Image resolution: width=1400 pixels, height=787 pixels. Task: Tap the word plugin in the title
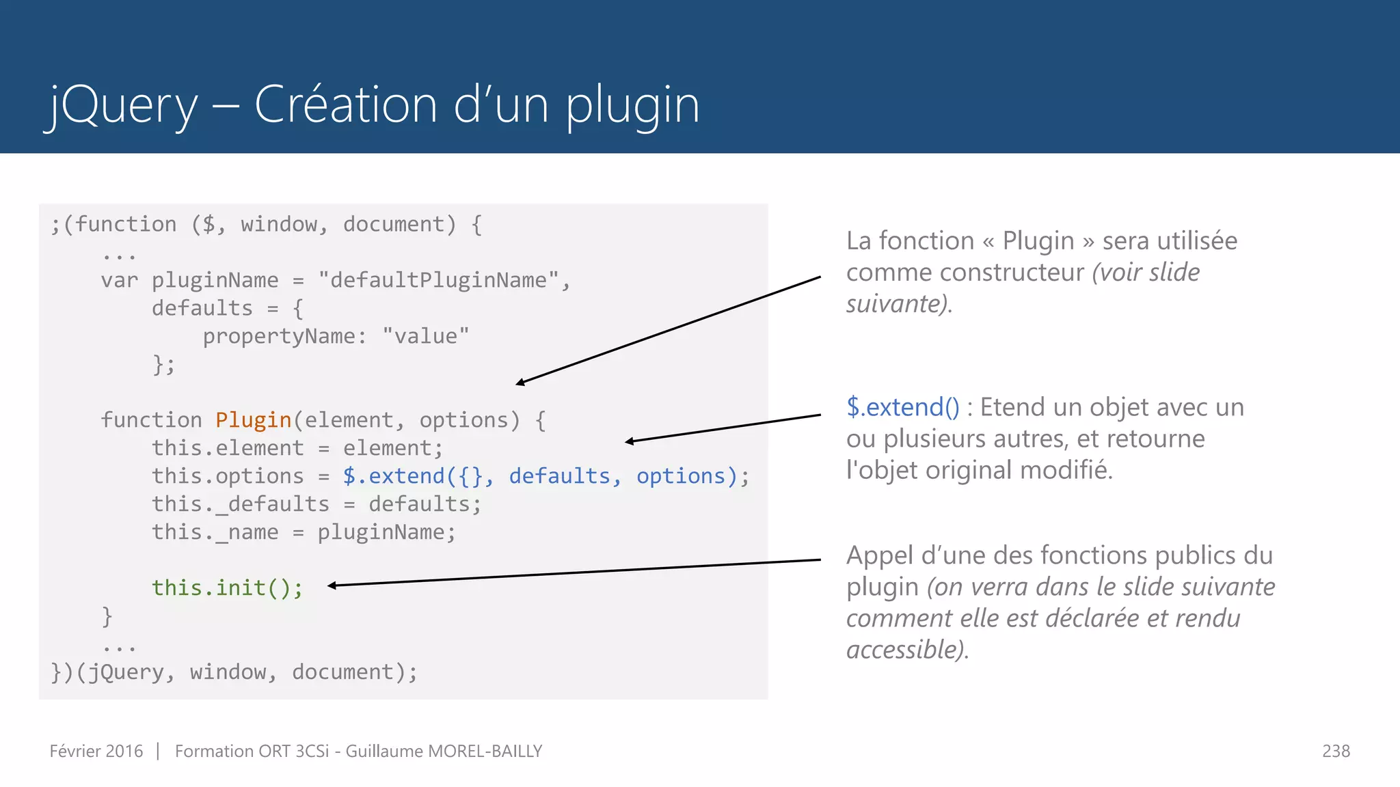[632, 106]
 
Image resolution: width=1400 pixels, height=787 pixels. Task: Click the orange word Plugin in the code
[254, 420]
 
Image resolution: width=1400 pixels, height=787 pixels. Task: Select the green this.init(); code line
[227, 588]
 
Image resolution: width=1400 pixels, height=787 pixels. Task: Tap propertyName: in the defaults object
[284, 336]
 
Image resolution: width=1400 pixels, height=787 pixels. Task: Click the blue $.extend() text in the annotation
[902, 407]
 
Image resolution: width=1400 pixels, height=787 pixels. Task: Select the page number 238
[1336, 751]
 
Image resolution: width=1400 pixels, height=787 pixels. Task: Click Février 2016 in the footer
[96, 751]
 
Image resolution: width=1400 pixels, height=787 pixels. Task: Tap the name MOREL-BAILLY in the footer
[485, 751]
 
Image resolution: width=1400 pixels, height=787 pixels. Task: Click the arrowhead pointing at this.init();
[332, 585]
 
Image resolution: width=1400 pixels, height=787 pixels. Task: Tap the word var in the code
[119, 280]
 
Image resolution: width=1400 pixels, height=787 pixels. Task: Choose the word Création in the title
[345, 106]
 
